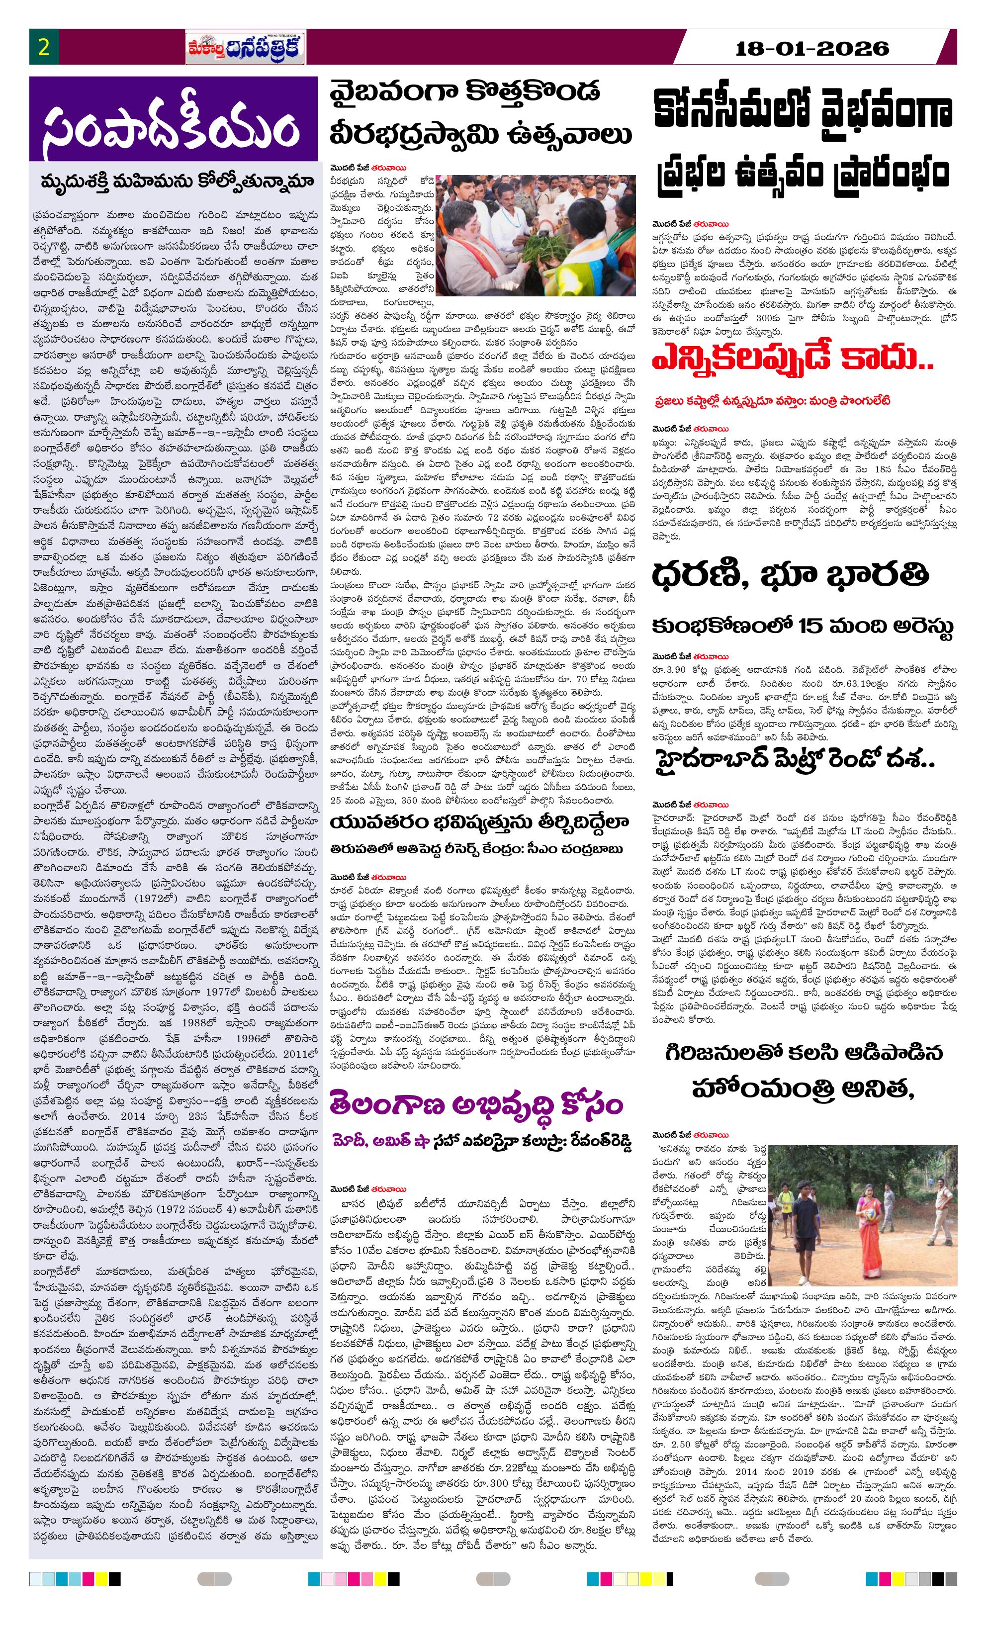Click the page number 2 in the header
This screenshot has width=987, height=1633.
click(x=44, y=48)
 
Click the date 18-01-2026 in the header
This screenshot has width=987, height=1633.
click(x=812, y=48)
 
